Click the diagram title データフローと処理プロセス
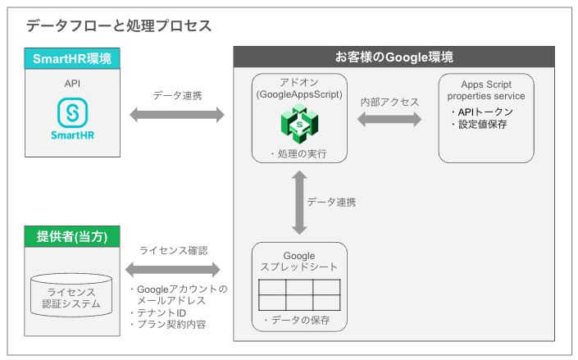tap(119, 25)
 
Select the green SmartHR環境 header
tap(72, 58)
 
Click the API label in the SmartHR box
tap(72, 83)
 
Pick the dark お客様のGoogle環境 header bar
tap(394, 57)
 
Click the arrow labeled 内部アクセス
tap(389, 119)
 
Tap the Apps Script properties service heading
tap(486, 89)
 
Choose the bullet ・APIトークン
tap(482, 112)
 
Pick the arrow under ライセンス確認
tap(173, 269)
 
